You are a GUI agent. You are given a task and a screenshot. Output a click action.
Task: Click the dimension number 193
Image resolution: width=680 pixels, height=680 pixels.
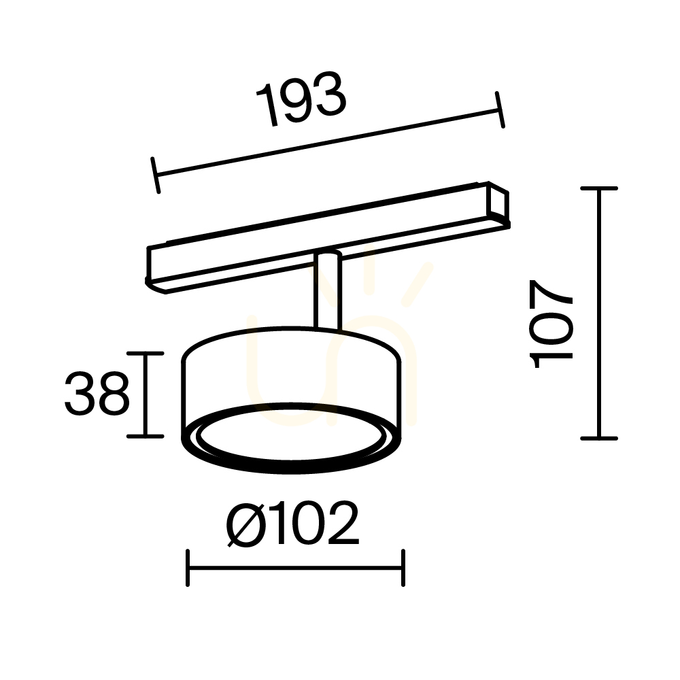pos(301,99)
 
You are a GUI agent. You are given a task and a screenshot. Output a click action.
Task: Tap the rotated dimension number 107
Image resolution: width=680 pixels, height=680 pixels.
pos(551,324)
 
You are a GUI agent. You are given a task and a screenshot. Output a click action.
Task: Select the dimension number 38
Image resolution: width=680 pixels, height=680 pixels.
pos(97,394)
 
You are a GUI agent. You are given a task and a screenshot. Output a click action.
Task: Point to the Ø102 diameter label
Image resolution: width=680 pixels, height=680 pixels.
pos(292,524)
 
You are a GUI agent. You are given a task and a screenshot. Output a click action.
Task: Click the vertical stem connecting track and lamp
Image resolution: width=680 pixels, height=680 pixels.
pos(328,292)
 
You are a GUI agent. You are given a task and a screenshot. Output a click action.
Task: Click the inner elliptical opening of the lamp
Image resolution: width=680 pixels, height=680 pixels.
pos(290,435)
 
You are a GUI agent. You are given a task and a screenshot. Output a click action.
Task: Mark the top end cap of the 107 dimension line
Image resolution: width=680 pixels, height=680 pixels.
pos(599,188)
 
